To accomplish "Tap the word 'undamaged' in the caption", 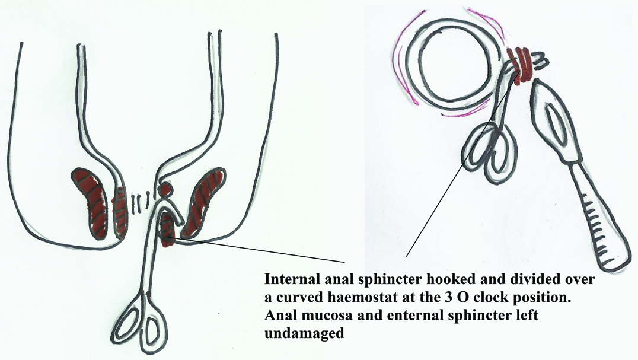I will [303, 333].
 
